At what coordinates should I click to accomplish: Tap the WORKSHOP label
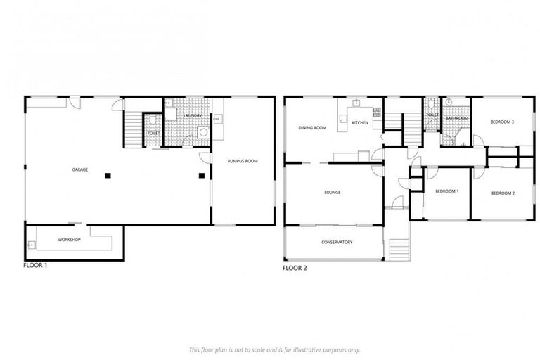70,240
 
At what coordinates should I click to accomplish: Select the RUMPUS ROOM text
243,161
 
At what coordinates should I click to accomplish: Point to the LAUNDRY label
193,116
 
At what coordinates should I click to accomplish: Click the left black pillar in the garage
108,174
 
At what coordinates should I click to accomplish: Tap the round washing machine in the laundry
204,131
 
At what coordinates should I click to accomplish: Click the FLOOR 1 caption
35,266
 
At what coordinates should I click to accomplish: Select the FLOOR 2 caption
295,268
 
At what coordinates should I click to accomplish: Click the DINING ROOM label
312,128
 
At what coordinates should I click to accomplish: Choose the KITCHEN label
360,123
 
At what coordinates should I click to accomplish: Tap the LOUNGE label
333,192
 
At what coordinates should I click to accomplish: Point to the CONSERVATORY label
337,243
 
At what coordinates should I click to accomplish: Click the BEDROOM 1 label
446,191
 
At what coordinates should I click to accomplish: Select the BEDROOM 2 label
503,193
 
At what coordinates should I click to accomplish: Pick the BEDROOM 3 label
503,122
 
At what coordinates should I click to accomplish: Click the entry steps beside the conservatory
399,248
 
